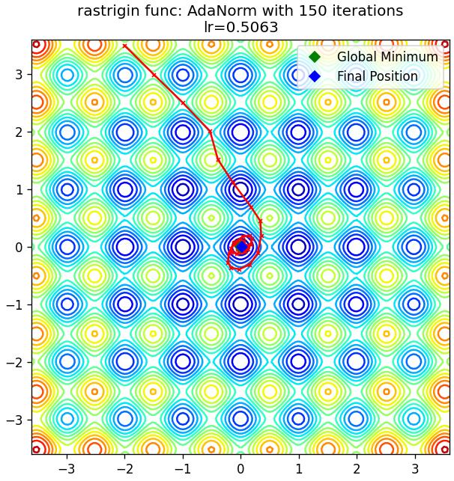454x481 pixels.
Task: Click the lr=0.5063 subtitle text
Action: (241, 27)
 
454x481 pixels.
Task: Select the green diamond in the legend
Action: (315, 57)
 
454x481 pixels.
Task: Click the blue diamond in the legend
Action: (315, 76)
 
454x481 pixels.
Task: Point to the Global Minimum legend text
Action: (387, 57)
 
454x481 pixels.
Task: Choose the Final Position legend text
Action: (378, 76)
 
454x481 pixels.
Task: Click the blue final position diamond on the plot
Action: (242, 247)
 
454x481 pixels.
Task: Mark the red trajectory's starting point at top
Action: (124, 46)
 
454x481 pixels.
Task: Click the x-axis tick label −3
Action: (67, 469)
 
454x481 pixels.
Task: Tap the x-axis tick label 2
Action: (357, 469)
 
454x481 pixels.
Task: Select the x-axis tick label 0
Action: (240, 469)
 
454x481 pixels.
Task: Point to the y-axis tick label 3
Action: (19, 75)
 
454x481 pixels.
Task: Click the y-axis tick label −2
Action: (15, 362)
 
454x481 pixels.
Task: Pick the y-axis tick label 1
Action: (19, 189)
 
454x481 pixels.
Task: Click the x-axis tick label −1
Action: (183, 469)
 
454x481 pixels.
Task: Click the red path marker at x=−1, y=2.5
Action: (183, 102)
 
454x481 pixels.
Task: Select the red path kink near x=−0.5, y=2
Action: (211, 132)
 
